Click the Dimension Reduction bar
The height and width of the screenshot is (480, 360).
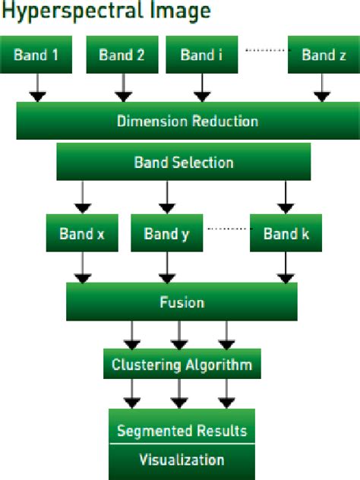pos(187,121)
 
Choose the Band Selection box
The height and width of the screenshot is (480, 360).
pos(183,163)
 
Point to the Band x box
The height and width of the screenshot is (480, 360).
pos(82,234)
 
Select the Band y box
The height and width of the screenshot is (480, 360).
pos(166,234)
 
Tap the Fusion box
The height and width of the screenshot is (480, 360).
pos(182,302)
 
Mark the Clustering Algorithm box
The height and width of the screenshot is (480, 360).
pos(182,365)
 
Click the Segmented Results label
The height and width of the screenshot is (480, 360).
pos(182,431)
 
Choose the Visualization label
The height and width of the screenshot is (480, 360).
pos(182,459)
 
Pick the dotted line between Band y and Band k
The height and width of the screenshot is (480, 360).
pos(229,228)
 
